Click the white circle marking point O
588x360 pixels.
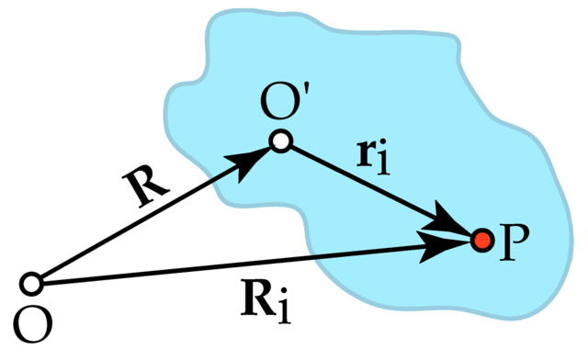point(32,283)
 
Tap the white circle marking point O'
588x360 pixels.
point(281,141)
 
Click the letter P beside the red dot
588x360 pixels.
point(514,244)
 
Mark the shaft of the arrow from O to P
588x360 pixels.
point(230,264)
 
